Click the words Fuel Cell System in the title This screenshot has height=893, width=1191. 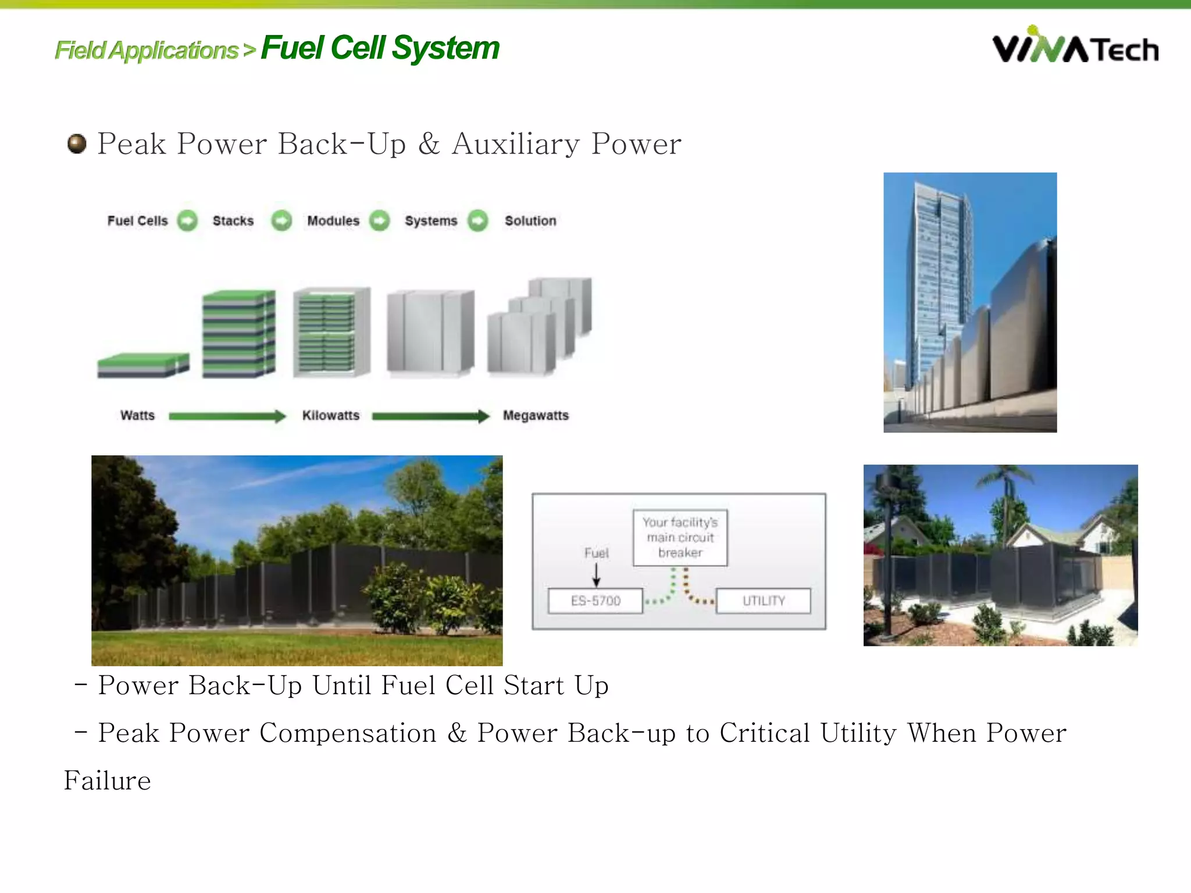pyautogui.click(x=380, y=48)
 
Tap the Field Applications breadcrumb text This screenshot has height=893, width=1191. pyautogui.click(x=147, y=51)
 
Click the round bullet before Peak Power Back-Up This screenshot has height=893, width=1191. pyautogui.click(x=77, y=144)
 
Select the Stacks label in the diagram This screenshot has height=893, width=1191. pyautogui.click(x=233, y=221)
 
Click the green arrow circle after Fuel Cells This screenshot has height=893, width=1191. pyautogui.click(x=187, y=221)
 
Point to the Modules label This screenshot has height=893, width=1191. pyautogui.click(x=333, y=221)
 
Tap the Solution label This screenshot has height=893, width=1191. pyautogui.click(x=530, y=221)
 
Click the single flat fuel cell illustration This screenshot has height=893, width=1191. pyautogui.click(x=143, y=365)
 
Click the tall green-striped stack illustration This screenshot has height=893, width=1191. pyautogui.click(x=238, y=334)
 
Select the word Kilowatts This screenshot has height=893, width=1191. pyautogui.click(x=330, y=416)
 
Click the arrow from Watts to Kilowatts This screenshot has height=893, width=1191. pyautogui.click(x=227, y=416)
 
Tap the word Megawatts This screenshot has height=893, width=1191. pyautogui.click(x=536, y=416)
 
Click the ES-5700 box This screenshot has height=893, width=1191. pyautogui.click(x=595, y=601)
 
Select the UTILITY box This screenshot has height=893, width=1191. pyautogui.click(x=763, y=601)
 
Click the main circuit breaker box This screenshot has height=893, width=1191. pyautogui.click(x=680, y=537)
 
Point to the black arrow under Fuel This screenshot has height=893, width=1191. pyautogui.click(x=596, y=575)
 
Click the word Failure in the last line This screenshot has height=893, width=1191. pyautogui.click(x=108, y=781)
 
